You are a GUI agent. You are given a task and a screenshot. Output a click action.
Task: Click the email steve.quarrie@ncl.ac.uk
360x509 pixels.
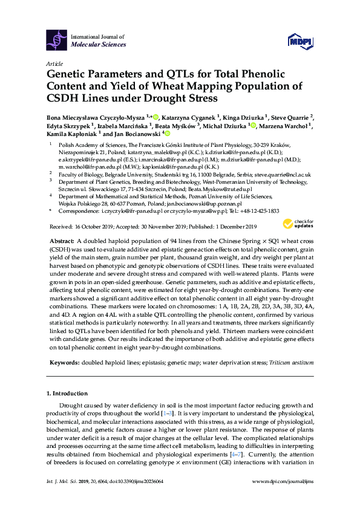point(286,174)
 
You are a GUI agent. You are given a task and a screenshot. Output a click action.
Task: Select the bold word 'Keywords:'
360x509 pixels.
point(62,363)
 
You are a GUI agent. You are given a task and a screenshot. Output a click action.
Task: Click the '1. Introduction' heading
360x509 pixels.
point(67,393)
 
